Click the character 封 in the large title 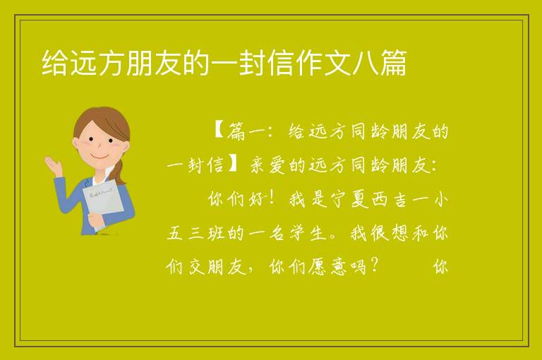(x=252, y=63)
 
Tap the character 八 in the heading (x=366, y=63)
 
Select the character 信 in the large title (x=280, y=63)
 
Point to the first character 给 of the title (x=54, y=63)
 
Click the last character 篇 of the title (x=394, y=63)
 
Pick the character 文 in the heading (x=337, y=63)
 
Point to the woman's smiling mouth (x=100, y=156)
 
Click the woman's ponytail (x=119, y=172)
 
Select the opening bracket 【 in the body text (x=219, y=131)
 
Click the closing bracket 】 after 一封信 (x=234, y=164)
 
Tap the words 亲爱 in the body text (x=267, y=165)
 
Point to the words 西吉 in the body (x=390, y=199)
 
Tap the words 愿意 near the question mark (x=327, y=267)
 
